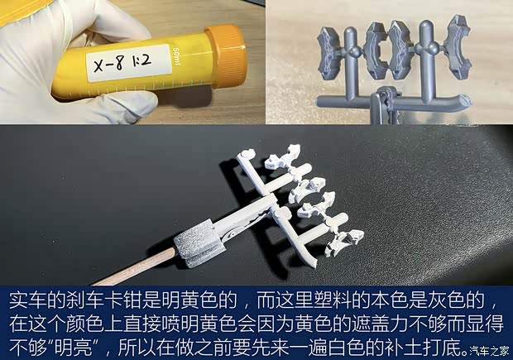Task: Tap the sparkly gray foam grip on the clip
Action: click(x=191, y=242)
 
